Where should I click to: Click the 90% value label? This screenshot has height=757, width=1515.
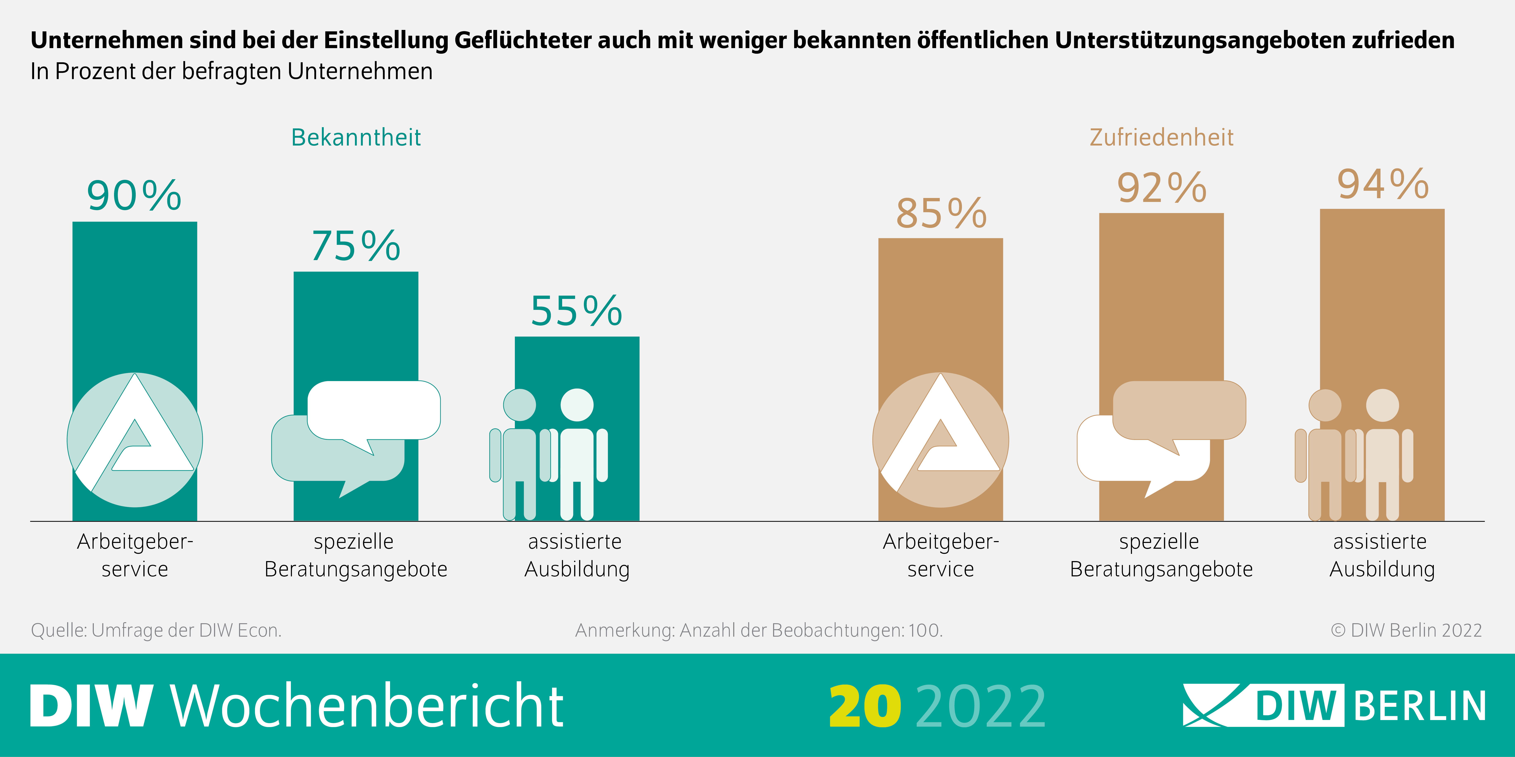click(x=134, y=196)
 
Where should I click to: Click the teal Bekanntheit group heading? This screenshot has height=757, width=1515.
click(x=356, y=137)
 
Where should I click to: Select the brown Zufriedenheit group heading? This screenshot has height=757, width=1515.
click(x=1162, y=137)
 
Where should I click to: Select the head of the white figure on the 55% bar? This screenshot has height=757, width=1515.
click(x=577, y=405)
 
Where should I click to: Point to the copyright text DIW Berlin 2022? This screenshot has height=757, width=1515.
click(x=1406, y=630)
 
